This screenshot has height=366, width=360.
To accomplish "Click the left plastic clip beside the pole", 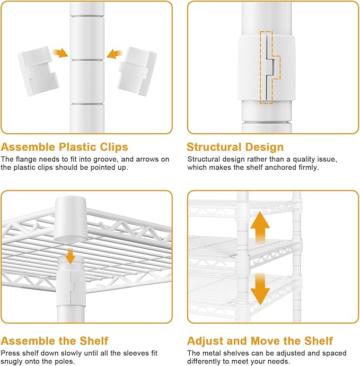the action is coord(38,71).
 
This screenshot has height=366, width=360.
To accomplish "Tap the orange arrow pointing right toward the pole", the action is coord(60,53).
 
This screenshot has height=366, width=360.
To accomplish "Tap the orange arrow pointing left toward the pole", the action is coord(115,54).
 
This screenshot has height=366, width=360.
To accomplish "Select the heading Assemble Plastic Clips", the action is coord(64,147).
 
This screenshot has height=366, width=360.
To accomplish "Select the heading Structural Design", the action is coord(235,147).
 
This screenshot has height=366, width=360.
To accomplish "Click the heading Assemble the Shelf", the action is coord(55,341).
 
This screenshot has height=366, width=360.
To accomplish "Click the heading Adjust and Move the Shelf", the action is coord(260,341).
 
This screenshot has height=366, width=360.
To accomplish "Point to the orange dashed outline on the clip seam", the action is coord(270,68).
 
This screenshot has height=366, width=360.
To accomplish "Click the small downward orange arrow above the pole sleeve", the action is coord(70,256).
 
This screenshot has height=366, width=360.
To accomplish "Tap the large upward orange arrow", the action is coord(260,227).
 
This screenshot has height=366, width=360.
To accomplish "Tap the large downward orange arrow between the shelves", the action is coord(260,289).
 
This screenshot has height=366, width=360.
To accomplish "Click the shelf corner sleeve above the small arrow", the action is coord(71,219).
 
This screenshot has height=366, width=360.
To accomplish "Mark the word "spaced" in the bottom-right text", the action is coord(335,353).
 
